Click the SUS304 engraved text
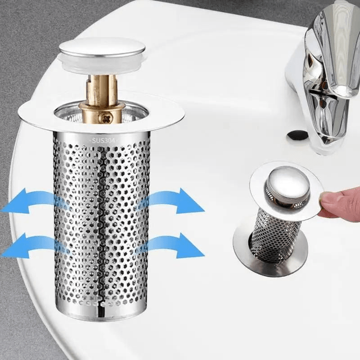103,140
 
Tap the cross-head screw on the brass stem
106,119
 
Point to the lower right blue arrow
174,245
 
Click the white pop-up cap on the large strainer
102,48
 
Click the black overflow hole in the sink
298,134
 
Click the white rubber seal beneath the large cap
102,65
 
